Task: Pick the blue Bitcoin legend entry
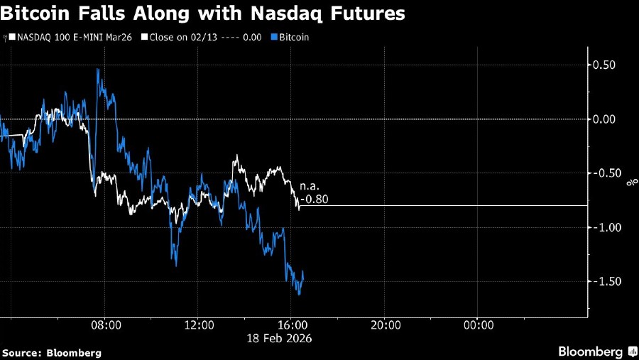click(291, 36)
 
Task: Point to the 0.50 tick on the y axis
click(608, 65)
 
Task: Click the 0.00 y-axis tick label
click(608, 119)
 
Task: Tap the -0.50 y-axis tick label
click(607, 173)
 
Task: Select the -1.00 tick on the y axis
click(607, 227)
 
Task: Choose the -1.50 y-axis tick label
click(607, 281)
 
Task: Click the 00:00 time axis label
click(479, 325)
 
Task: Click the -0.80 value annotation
click(314, 200)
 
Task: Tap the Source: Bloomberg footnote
click(52, 352)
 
